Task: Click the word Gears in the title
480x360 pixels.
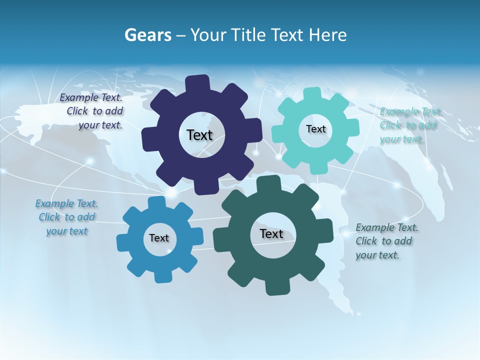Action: tap(148, 35)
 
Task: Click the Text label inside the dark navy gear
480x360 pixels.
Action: tap(199, 135)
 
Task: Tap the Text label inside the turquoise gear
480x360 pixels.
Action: tap(315, 129)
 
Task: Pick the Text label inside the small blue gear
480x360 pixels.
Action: tap(158, 238)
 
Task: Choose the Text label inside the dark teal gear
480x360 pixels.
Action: tap(271, 234)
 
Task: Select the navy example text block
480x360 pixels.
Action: tap(92, 111)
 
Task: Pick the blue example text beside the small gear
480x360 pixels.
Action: tap(67, 217)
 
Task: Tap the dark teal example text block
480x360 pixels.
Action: tap(386, 241)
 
